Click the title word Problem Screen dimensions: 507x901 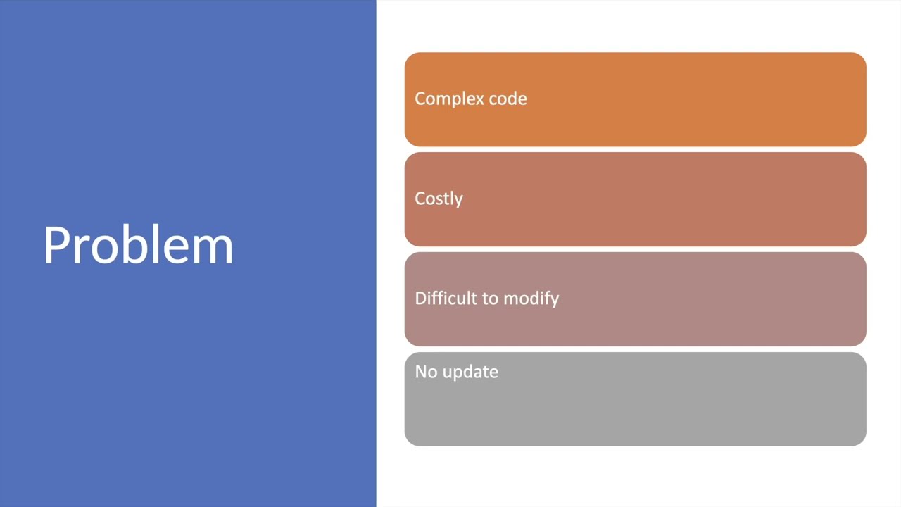pyautogui.click(x=138, y=246)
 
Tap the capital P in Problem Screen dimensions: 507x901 pyautogui.click(x=56, y=246)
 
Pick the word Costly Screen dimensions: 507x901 pyautogui.click(x=439, y=199)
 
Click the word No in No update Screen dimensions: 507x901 pyautogui.click(x=423, y=372)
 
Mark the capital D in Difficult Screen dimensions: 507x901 pyautogui.click(x=420, y=299)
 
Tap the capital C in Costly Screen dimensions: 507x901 pyautogui.click(x=420, y=199)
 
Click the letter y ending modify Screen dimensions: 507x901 pyautogui.click(x=555, y=301)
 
